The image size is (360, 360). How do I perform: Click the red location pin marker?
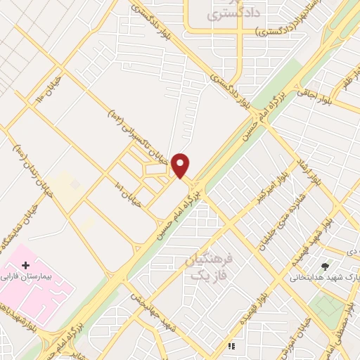point(181,165)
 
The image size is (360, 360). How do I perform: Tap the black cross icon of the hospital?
point(26,266)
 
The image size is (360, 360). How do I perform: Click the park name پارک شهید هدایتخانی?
point(324,278)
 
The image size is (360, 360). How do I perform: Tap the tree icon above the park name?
point(324,266)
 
